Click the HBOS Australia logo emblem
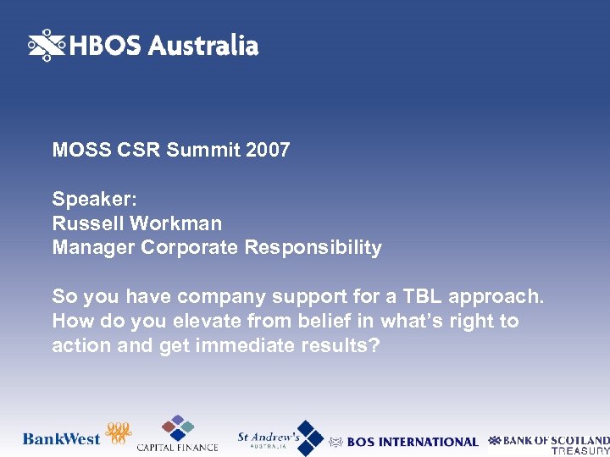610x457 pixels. tap(47, 46)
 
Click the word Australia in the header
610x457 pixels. tap(203, 46)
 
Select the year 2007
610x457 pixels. tap(269, 151)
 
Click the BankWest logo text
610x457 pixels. tap(62, 439)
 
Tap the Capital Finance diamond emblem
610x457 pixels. tap(178, 427)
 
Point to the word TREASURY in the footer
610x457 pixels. tap(580, 451)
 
